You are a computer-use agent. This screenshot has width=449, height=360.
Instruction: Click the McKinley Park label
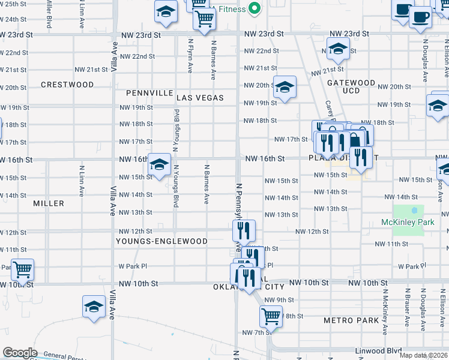[407, 223]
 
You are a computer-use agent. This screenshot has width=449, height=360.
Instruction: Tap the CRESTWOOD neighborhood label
[67, 85]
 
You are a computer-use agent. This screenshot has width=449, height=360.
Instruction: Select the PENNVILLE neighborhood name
[149, 93]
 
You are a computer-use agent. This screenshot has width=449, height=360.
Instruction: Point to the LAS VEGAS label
[200, 97]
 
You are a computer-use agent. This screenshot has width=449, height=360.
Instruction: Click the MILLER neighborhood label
[49, 203]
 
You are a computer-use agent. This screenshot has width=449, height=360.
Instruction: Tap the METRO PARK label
[351, 320]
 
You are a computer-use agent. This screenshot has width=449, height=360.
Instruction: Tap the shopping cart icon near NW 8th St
[271, 316]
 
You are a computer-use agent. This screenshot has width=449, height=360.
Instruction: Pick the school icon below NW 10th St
[94, 307]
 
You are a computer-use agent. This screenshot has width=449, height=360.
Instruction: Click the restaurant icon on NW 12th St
[244, 230]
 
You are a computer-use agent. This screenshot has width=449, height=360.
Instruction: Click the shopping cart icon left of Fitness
[204, 19]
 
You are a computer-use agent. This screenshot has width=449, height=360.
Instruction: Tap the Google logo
[20, 353]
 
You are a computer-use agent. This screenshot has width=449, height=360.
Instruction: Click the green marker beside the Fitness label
[255, 8]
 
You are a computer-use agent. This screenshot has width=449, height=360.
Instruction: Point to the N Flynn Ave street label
[190, 56]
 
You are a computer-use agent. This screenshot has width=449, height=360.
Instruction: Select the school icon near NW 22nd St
[338, 49]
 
